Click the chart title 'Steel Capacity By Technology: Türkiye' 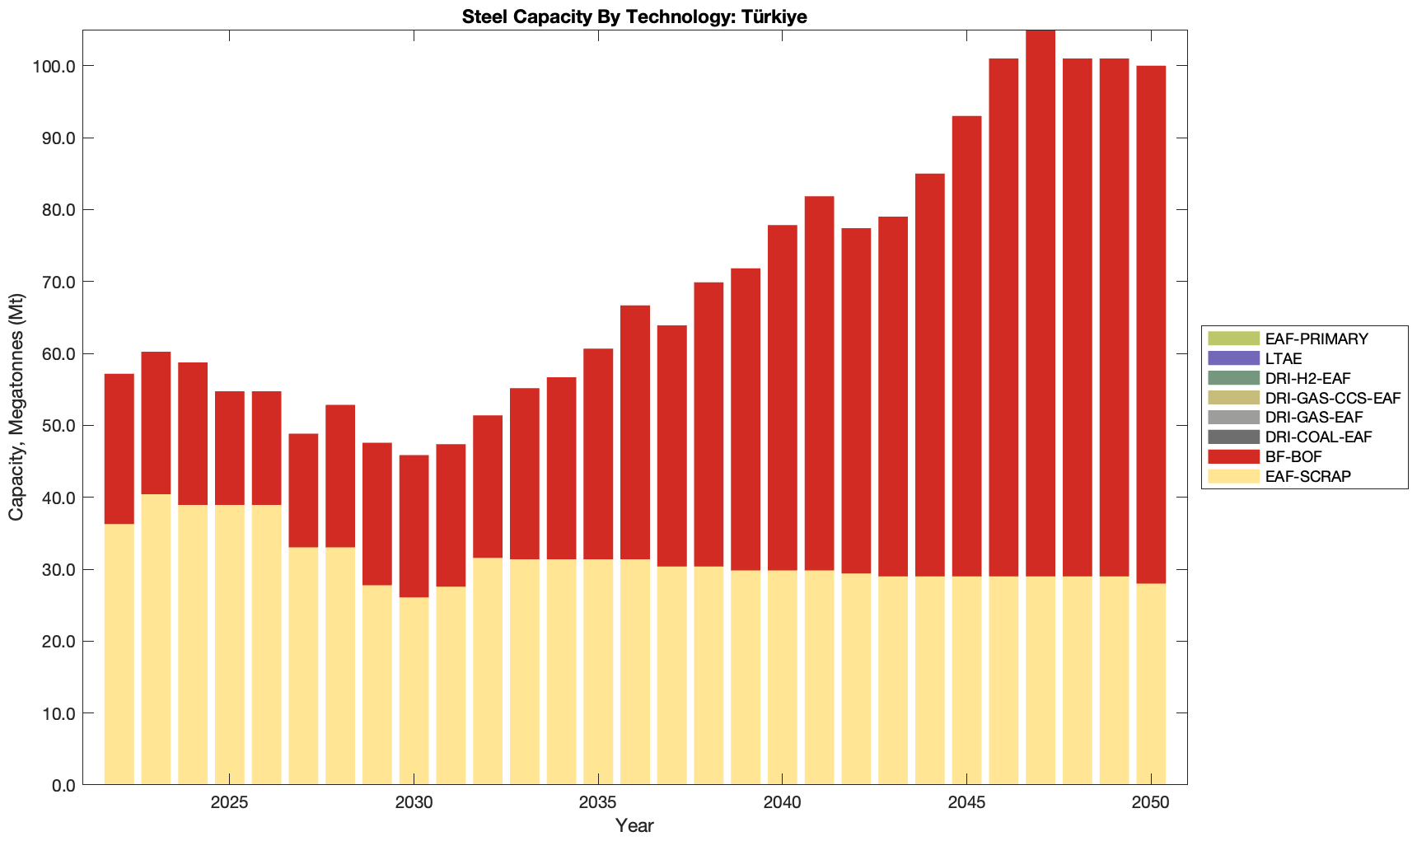point(634,16)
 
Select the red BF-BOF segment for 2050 point(1151,325)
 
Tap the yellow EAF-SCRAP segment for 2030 point(414,691)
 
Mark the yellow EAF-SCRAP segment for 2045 point(966,680)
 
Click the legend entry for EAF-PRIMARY point(1316,339)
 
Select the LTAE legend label point(1284,358)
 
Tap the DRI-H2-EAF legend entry point(1307,378)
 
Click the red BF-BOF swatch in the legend point(1233,456)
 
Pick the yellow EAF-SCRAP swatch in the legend point(1233,476)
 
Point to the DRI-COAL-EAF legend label point(1318,437)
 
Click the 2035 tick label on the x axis point(598,802)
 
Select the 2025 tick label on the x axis point(230,802)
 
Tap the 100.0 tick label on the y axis point(54,66)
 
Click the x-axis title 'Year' point(634,825)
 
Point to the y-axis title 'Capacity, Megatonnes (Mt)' point(16,408)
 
